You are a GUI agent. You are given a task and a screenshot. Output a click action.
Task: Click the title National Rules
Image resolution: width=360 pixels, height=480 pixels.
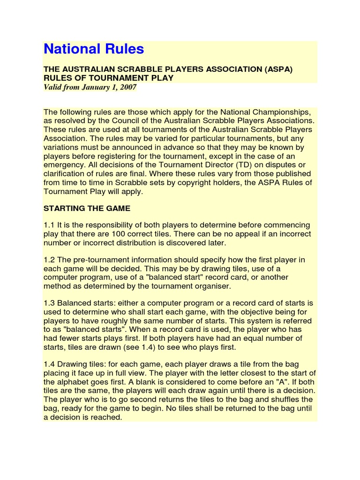coord(94,49)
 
